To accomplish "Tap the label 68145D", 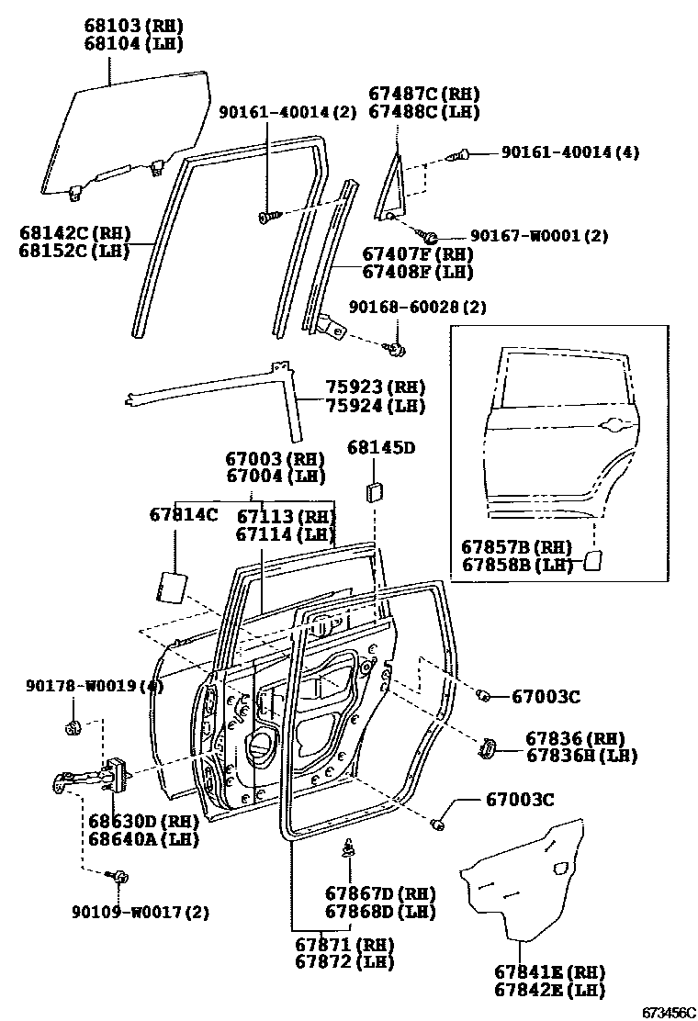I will click(381, 447).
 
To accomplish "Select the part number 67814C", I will click(184, 514).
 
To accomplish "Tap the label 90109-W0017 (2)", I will click(141, 912).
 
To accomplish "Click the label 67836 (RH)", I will click(575, 737).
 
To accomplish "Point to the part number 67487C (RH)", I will click(424, 94).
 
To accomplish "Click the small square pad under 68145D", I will click(375, 490).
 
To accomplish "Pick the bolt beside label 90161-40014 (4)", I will click(461, 154).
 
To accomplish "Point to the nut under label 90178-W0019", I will click(73, 728).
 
